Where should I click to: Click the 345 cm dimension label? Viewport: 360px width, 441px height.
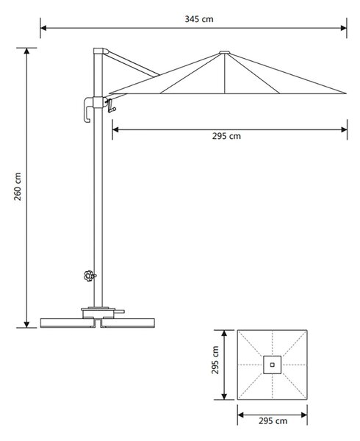199,19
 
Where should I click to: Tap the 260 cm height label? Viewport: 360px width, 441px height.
18,187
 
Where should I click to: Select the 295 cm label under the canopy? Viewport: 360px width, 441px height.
226,136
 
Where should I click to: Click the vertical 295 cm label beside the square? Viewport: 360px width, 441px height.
215,360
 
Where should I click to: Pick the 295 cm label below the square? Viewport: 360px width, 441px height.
273,421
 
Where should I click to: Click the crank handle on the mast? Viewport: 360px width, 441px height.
112,106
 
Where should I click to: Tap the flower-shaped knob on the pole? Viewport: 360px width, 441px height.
90,276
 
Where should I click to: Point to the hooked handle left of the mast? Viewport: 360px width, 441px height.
88,110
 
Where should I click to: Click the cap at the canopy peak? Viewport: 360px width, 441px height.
225,52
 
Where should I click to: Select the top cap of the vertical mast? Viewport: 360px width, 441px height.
101,51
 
